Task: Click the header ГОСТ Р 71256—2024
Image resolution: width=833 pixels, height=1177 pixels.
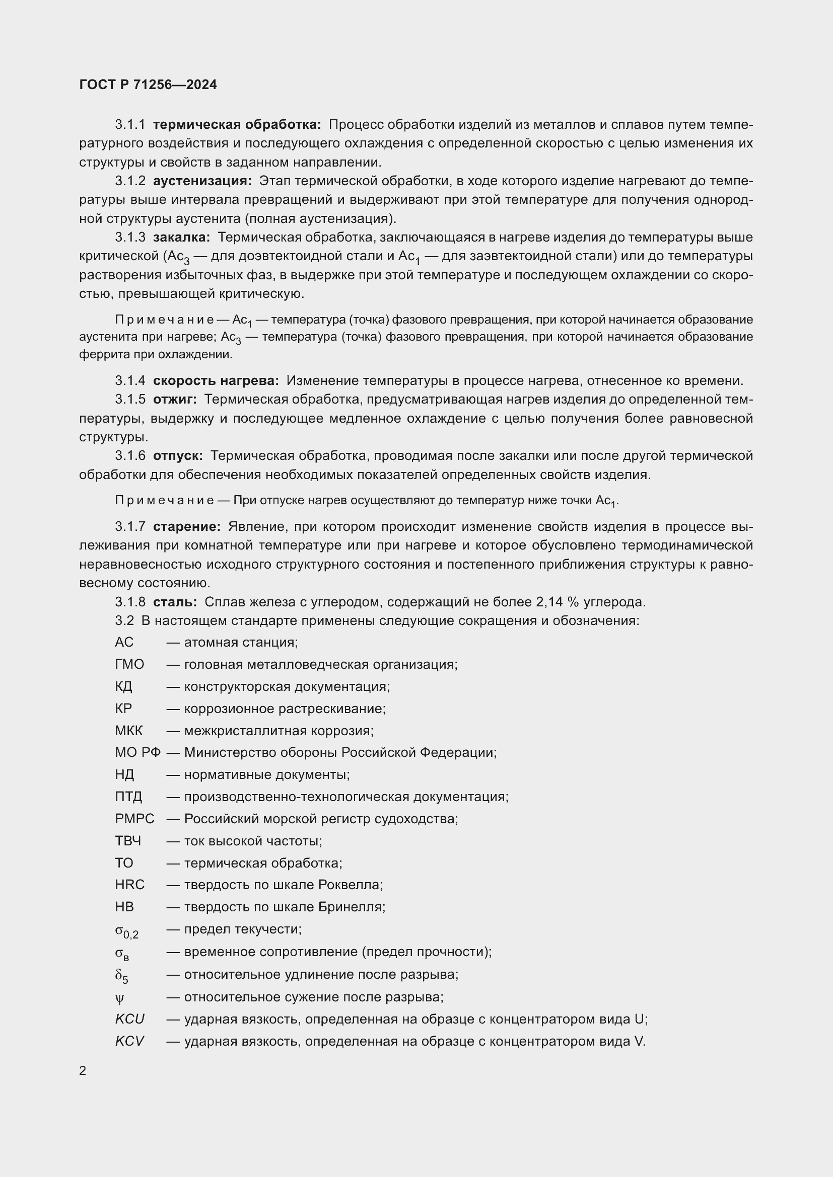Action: [148, 85]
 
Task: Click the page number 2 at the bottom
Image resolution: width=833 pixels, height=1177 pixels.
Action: [83, 1070]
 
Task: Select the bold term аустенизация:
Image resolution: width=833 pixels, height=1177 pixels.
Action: [202, 181]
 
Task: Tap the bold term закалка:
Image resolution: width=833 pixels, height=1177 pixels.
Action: [182, 238]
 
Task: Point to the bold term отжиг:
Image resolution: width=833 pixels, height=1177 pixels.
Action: [175, 399]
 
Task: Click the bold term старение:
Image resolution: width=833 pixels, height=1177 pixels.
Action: [187, 526]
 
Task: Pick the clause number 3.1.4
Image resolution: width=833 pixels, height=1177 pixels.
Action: [130, 380]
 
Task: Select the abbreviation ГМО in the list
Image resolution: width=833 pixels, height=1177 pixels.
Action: [129, 664]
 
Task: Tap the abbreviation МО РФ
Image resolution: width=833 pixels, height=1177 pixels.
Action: [137, 752]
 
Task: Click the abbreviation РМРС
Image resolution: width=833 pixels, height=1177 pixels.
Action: [134, 819]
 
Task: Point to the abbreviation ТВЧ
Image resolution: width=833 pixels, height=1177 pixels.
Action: [128, 841]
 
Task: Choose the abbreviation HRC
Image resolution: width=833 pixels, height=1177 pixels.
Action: [130, 885]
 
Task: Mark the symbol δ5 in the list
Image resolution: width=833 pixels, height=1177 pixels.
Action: [121, 976]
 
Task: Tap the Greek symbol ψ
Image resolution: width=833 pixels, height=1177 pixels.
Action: [119, 998]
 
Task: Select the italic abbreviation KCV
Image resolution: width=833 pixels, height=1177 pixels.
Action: [129, 1041]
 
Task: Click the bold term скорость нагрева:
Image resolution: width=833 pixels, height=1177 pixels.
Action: [216, 380]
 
